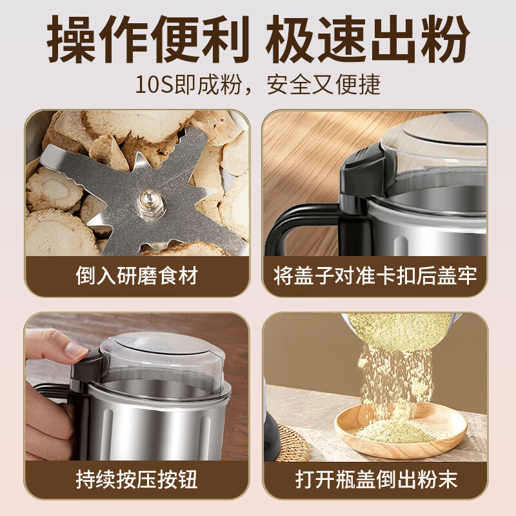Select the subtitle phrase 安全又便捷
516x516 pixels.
322,84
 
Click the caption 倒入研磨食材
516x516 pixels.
136,276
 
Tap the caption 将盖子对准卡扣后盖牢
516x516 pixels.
375,276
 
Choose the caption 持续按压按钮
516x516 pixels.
136,479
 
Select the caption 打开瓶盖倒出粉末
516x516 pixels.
375,479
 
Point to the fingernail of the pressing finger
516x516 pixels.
76,351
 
